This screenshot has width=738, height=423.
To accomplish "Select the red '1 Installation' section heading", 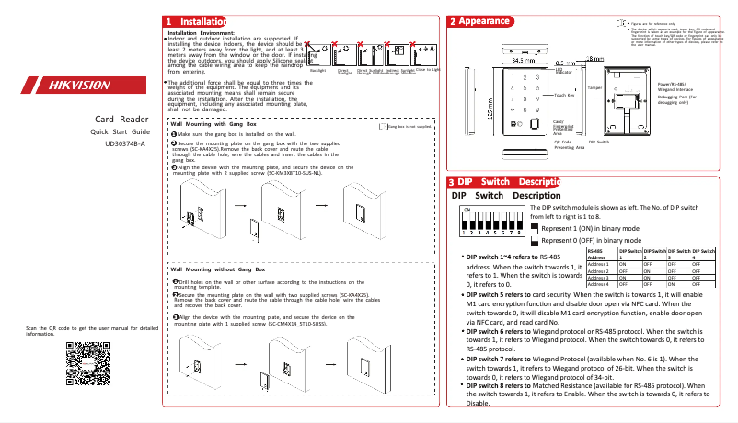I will pyautogui.click(x=194, y=21).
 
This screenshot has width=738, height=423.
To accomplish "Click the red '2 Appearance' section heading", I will pyautogui.click(x=479, y=21).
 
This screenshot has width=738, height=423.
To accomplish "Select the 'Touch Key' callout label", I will pyautogui.click(x=565, y=95).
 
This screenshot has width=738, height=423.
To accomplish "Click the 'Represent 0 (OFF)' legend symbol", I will pyautogui.click(x=535, y=242).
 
